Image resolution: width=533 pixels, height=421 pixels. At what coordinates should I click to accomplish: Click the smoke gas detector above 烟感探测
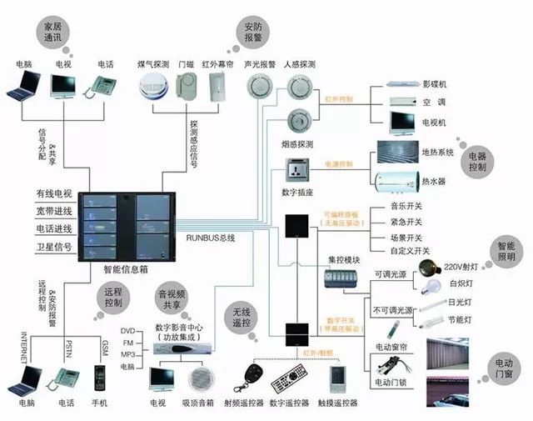coord(298,119)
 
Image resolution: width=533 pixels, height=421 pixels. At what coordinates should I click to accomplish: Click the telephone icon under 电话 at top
coord(104,85)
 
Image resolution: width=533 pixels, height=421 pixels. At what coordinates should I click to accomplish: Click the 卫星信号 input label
coord(54,248)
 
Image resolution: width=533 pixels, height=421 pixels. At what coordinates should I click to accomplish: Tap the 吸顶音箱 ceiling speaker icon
coord(202,379)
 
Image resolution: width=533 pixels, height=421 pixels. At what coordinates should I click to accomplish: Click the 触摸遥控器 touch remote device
coord(336,378)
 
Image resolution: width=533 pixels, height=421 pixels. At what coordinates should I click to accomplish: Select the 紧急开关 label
coord(407,222)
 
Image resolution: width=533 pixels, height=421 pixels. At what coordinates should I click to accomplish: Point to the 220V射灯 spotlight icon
coord(431,268)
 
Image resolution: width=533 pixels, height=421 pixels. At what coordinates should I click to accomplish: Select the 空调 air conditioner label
coord(434,103)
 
